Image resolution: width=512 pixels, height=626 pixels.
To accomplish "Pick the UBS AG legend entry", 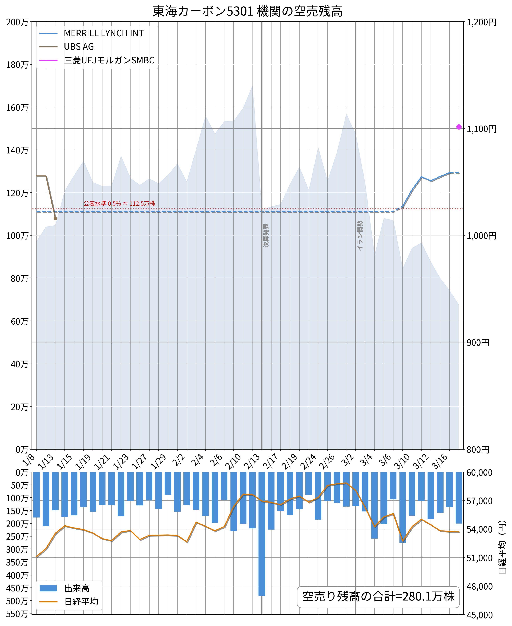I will (79, 47).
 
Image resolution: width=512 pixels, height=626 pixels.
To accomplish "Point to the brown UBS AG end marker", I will (55, 218).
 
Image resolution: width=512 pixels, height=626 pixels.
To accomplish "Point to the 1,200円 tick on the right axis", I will (481, 22).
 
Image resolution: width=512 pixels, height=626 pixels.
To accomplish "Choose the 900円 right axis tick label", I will (478, 343).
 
